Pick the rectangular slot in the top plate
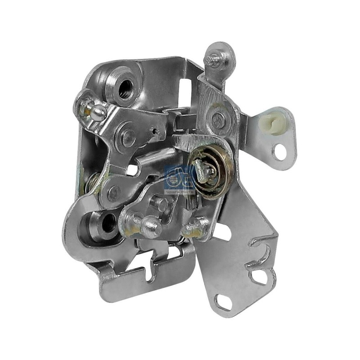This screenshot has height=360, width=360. [x=184, y=86]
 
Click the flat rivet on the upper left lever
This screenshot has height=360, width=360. [x=127, y=134]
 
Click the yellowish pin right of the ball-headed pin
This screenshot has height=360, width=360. [x=198, y=225]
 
